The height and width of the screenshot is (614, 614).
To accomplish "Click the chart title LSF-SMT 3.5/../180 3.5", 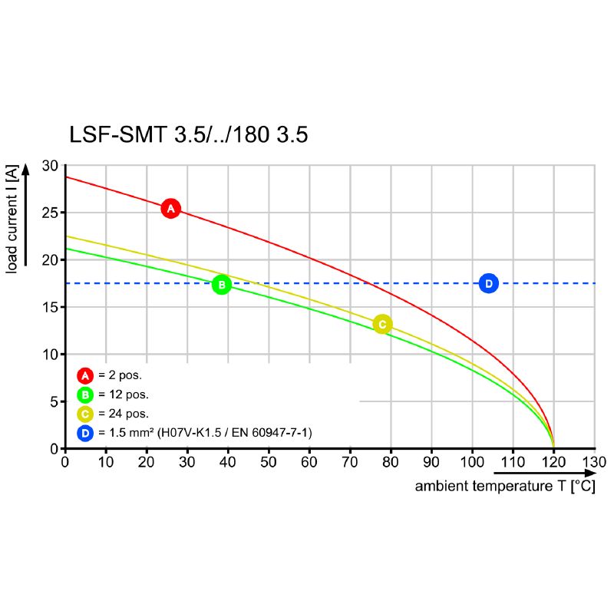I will [189, 135].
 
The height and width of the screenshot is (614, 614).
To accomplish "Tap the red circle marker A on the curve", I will [170, 208].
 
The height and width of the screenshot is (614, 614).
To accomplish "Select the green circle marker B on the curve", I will [221, 285].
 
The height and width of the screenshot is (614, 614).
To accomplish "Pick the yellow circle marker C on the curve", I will [382, 324].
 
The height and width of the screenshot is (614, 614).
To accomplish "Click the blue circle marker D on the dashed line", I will [488, 283].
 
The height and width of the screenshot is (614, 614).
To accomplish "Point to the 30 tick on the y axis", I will [50, 166].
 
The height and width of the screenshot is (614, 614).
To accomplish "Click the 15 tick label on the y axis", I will [50, 307].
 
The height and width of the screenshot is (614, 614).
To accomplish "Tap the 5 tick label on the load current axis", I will [54, 401].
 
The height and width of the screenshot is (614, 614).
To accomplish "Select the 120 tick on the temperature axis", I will [553, 462].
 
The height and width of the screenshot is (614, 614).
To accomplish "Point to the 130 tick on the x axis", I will [594, 462].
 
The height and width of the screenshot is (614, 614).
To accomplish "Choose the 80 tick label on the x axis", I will [390, 462].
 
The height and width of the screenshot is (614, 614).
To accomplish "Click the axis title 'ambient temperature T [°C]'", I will [504, 487].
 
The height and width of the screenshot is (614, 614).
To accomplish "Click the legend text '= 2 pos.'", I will [120, 376].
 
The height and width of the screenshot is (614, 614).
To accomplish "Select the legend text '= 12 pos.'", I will [123, 394].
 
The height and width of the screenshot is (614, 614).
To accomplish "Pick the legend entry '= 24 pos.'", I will [123, 414].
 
